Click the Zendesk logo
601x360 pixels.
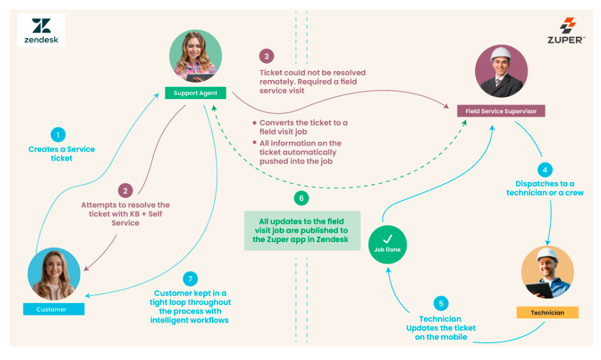(x=42, y=31)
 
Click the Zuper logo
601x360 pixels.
(x=567, y=31)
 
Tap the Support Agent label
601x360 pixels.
(x=195, y=93)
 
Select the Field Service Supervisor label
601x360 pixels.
(x=501, y=111)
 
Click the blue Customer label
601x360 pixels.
(x=53, y=309)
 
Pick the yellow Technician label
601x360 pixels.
(x=547, y=312)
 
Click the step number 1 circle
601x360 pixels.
(x=57, y=135)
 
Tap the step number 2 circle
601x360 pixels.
(x=125, y=191)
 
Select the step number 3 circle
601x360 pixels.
(x=266, y=56)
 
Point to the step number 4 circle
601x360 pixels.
(x=545, y=169)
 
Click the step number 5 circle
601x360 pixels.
(x=440, y=304)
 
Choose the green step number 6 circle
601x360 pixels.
(x=300, y=198)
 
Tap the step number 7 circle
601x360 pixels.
(x=191, y=279)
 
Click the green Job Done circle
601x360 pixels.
(x=387, y=244)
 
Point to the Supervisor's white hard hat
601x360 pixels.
(x=501, y=54)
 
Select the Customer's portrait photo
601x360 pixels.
(x=54, y=273)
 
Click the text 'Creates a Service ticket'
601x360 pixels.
(x=62, y=153)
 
